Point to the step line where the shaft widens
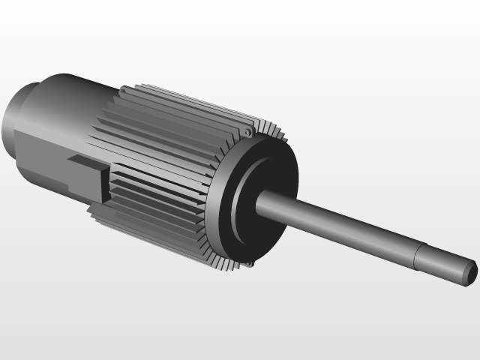(416, 256)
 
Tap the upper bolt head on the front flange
(247, 133)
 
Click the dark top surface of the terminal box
(84, 160)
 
